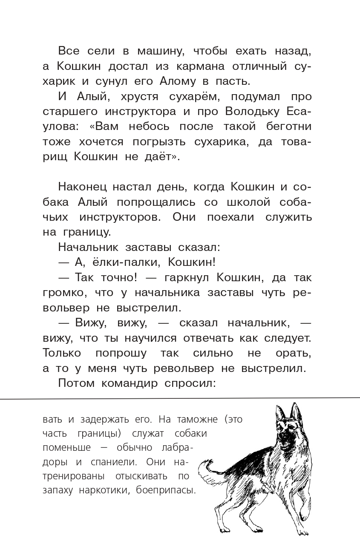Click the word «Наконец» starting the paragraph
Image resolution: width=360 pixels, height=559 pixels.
[x=82, y=187]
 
